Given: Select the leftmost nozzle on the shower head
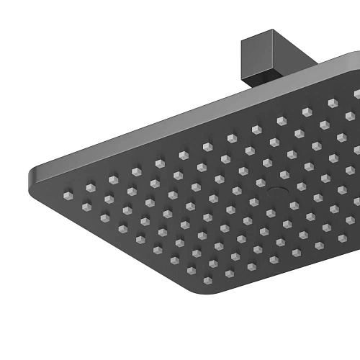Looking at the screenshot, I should click(68, 196).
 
